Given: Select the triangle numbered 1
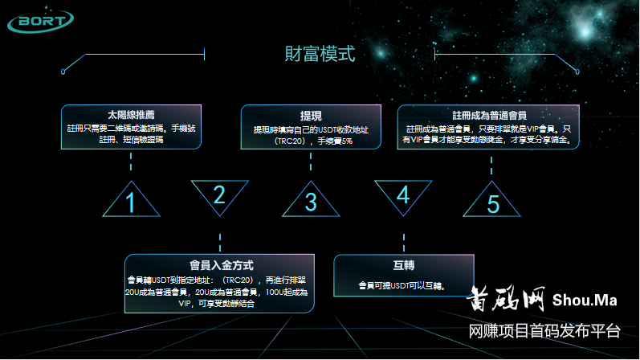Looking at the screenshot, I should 130,202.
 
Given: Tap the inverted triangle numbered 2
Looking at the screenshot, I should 218,194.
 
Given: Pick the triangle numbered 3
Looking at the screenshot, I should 310,202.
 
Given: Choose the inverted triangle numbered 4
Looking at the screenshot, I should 402,194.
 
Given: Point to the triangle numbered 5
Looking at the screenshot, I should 491,202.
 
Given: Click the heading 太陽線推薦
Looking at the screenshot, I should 130,114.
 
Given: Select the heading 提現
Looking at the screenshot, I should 310,115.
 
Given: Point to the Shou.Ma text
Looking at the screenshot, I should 585,301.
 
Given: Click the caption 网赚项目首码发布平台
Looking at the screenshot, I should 544,331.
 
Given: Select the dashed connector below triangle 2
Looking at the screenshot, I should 219,242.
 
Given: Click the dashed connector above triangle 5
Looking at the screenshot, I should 491,162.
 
